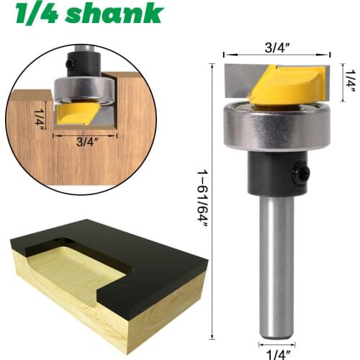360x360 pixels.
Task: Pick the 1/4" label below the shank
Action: (276, 352)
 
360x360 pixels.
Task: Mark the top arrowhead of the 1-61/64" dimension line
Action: (212, 66)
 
